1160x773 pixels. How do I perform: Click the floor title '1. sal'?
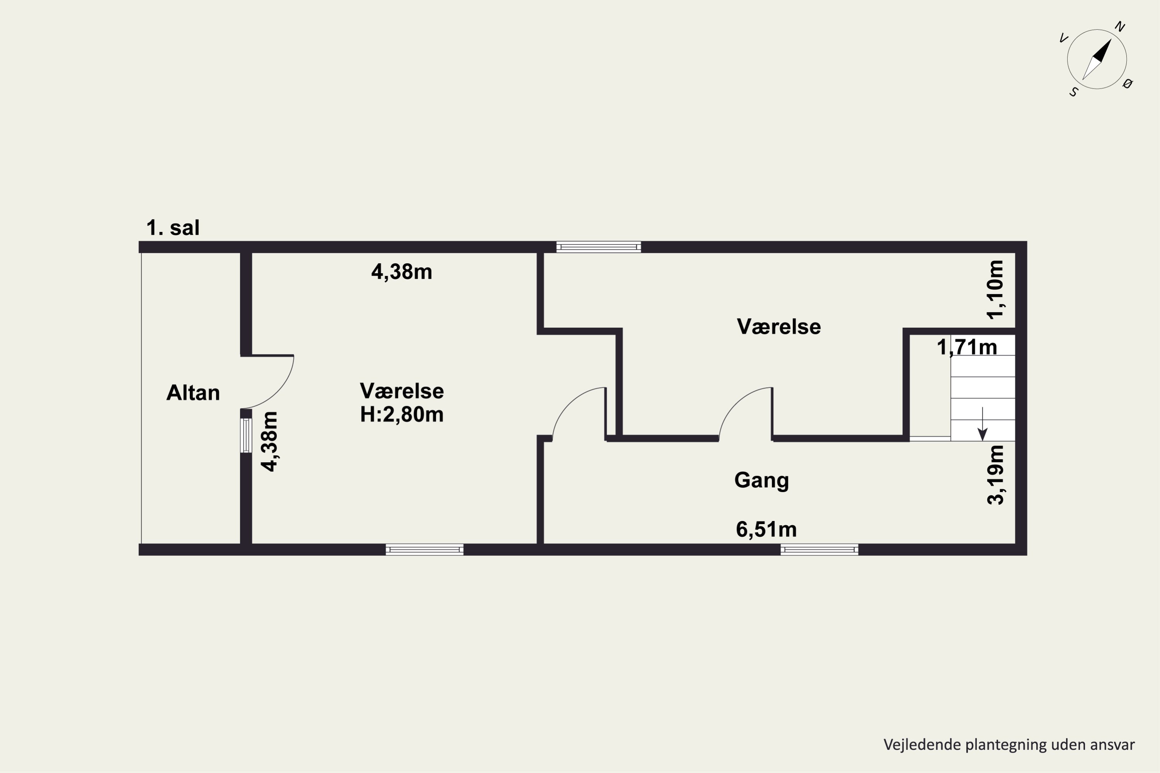tap(173, 228)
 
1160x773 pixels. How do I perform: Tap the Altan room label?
tap(193, 393)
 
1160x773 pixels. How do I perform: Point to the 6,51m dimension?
tap(766, 530)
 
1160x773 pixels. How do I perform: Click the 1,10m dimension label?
tap(995, 289)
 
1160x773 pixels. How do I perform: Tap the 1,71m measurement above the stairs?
tap(967, 347)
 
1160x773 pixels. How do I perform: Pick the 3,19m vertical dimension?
tap(995, 475)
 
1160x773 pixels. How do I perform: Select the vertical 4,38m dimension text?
tap(269, 442)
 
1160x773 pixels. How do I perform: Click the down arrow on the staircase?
tap(983, 424)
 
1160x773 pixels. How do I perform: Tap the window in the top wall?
tap(599, 247)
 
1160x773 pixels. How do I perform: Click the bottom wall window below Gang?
tap(819, 549)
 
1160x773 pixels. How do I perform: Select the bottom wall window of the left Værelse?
tap(425, 549)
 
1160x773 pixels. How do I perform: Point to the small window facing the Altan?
tap(246, 435)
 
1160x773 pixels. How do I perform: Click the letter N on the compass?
tap(1120, 27)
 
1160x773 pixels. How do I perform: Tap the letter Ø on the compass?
tap(1128, 83)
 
